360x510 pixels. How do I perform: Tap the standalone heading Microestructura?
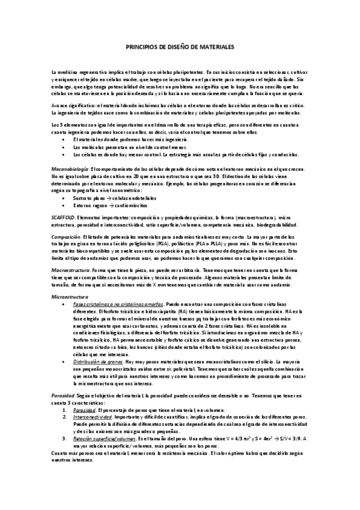coord(70,297)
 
